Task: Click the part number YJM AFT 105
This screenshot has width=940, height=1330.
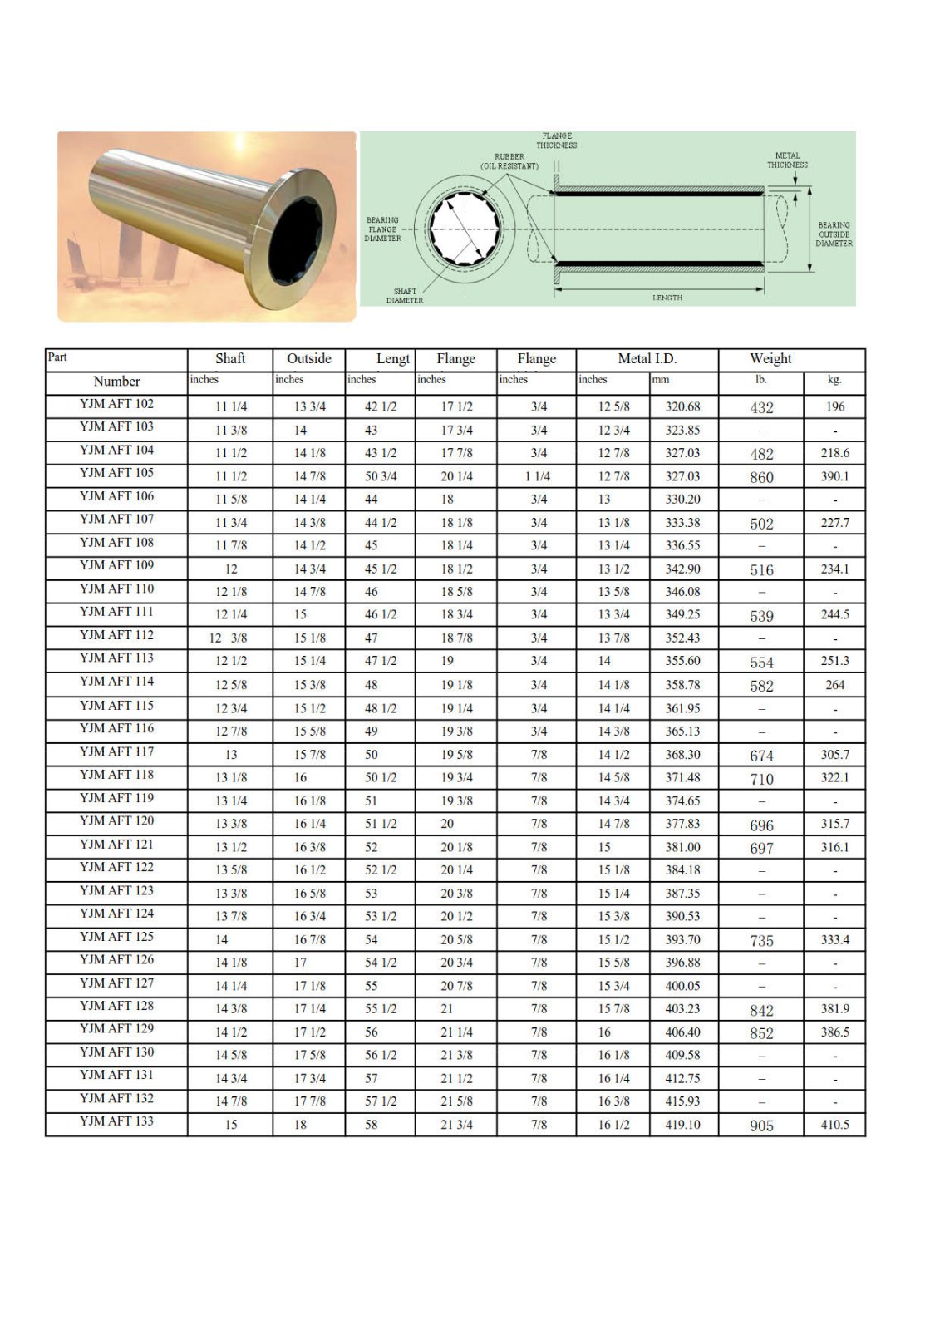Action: [116, 473]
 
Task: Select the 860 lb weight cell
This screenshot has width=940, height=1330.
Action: [761, 477]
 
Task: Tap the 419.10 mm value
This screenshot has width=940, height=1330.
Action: [682, 1125]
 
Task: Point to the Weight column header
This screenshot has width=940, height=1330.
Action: [770, 359]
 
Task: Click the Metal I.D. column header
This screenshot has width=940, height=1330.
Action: [647, 359]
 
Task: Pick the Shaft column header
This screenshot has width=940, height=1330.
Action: [230, 359]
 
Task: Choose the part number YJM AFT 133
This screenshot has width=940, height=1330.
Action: [116, 1121]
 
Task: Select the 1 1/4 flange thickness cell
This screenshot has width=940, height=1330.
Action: [538, 476]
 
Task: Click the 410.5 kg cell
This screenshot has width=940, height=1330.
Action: [834, 1125]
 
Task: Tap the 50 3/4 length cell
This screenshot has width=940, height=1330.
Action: [380, 476]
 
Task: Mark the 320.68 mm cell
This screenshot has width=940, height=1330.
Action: [682, 406]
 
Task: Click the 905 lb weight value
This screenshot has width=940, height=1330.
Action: [761, 1126]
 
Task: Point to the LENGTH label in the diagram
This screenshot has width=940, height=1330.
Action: [667, 298]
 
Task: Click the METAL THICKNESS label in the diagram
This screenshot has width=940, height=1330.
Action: [787, 160]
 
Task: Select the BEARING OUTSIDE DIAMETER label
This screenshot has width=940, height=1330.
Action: [834, 234]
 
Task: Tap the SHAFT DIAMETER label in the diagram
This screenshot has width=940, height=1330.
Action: [405, 296]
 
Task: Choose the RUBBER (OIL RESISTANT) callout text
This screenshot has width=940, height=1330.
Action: [509, 161]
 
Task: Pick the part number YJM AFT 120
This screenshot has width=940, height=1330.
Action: [116, 820]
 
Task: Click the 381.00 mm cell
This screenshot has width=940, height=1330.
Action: [682, 847]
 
